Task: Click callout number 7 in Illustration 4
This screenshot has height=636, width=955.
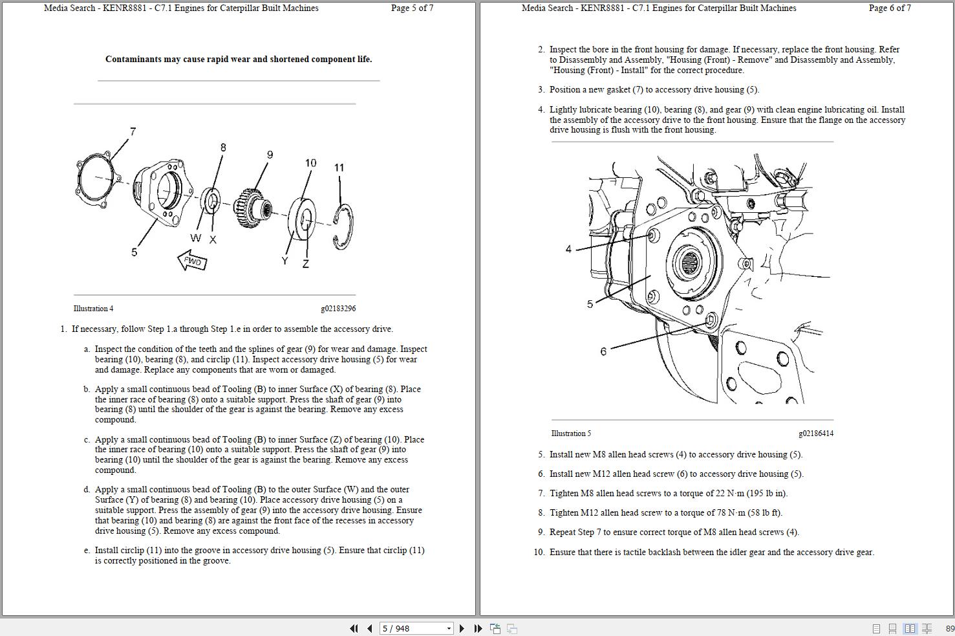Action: click(x=133, y=131)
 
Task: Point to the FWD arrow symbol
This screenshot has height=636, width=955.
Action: click(x=193, y=261)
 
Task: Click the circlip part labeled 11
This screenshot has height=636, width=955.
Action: click(x=343, y=226)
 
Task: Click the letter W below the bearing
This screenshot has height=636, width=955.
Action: click(x=195, y=238)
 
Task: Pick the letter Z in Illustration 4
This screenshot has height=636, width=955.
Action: click(x=305, y=263)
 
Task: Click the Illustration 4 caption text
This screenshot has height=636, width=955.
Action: click(x=93, y=309)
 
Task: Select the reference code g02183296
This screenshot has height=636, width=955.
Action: click(x=338, y=309)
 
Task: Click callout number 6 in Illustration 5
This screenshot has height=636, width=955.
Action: click(x=603, y=351)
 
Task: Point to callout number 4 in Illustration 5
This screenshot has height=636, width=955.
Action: click(x=568, y=249)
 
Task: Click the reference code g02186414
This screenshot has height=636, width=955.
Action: click(x=815, y=433)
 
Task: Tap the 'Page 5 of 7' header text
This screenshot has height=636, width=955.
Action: click(x=412, y=8)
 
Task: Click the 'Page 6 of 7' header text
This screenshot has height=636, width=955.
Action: click(x=890, y=8)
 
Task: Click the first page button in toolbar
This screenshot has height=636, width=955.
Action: click(x=354, y=628)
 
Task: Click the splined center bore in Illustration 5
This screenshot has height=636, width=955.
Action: click(x=689, y=263)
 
